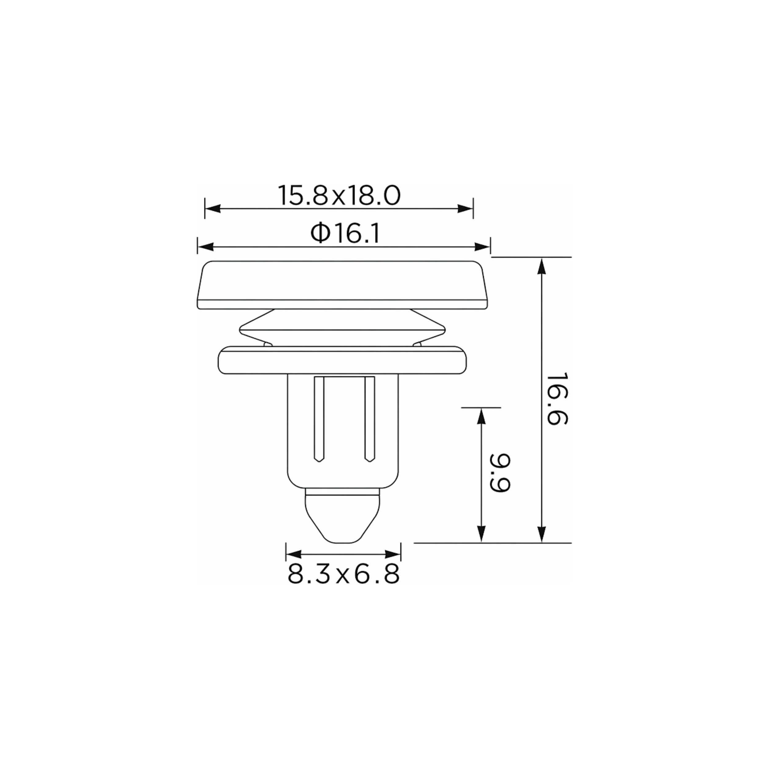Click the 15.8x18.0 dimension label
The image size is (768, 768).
coord(339,195)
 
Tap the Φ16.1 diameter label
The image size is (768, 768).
coord(345,233)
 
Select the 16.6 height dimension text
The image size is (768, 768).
coord(557,399)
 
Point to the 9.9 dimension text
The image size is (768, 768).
coord(499,473)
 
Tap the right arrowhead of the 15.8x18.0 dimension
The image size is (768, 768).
coord(465,209)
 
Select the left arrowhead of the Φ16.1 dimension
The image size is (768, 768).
coord(206,247)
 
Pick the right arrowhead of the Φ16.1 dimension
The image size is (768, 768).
coord(482,247)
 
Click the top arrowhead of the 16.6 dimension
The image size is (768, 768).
coord(541,266)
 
